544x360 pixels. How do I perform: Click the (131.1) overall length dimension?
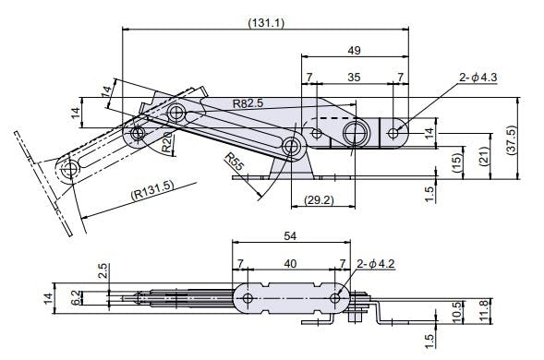(x=266, y=23)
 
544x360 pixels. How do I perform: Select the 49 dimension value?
(x=354, y=50)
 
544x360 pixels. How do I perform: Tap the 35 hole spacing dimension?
(x=354, y=77)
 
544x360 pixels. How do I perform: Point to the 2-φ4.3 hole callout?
(x=478, y=77)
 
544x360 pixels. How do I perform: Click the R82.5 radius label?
(x=248, y=103)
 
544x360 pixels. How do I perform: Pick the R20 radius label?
(x=167, y=143)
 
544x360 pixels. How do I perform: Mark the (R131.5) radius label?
(x=152, y=190)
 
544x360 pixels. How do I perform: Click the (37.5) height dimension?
(x=511, y=139)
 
